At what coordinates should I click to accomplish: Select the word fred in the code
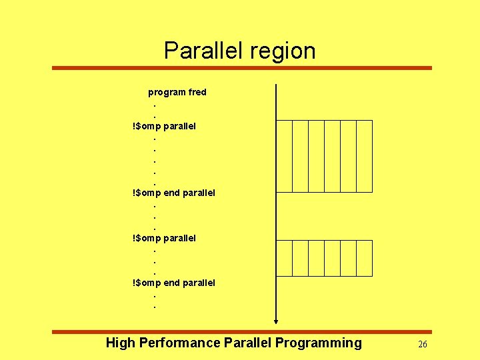(x=197, y=92)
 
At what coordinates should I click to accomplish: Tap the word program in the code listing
(x=167, y=93)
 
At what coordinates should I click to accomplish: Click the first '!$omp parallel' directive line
(x=164, y=125)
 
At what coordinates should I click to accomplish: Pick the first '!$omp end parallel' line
(x=174, y=193)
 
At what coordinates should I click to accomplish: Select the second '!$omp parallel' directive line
(x=164, y=237)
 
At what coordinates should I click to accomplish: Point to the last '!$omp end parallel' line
(x=174, y=283)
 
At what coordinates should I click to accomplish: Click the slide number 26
(x=422, y=344)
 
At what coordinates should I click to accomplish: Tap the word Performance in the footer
(x=179, y=343)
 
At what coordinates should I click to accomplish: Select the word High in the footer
(x=120, y=343)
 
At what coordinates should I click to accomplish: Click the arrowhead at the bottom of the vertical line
(x=276, y=323)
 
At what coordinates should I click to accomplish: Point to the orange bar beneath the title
(x=241, y=68)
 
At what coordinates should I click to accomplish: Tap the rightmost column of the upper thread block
(x=364, y=156)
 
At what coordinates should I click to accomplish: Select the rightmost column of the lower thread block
(x=364, y=258)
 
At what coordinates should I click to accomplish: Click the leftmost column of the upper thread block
(x=284, y=156)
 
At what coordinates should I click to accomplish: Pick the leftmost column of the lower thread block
(x=284, y=258)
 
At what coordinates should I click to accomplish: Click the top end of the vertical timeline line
(x=276, y=86)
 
